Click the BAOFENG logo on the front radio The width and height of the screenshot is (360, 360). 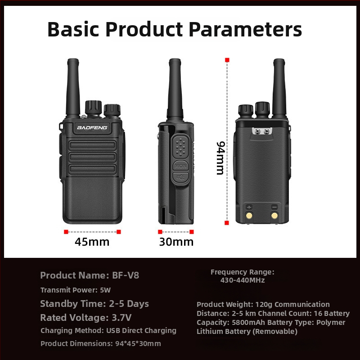tap(92, 128)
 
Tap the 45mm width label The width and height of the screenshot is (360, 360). tap(92, 242)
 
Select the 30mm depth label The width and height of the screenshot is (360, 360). tap(176, 242)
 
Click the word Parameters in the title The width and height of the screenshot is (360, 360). tap(245, 30)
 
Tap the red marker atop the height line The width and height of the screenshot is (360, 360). tap(227, 60)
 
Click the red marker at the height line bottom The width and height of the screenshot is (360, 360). tap(227, 221)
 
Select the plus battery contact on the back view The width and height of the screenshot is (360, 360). tap(249, 215)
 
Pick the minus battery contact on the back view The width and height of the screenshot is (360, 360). tap(274, 215)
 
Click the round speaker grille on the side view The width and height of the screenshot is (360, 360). tap(181, 145)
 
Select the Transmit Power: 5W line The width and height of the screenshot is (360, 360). tap(76, 290)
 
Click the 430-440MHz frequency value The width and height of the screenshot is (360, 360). tap(243, 280)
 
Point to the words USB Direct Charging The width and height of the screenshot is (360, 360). tap(141, 331)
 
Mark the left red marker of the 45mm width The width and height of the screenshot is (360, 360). tap(66, 232)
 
